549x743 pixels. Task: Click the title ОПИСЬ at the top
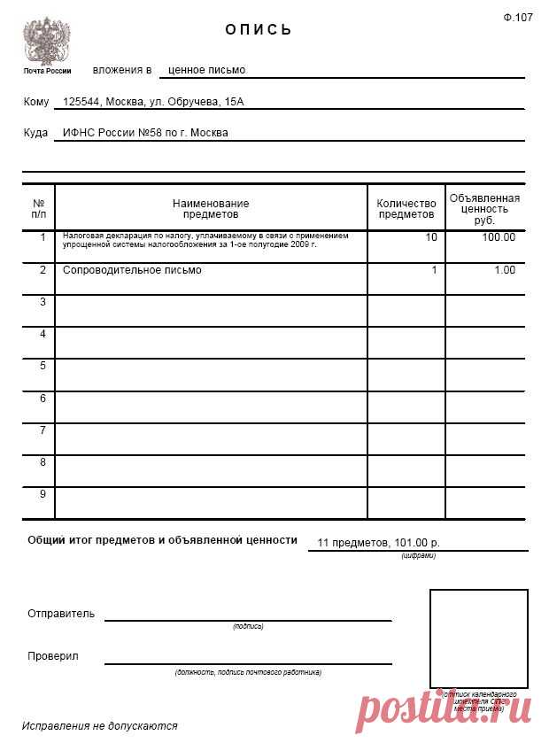pyautogui.click(x=259, y=29)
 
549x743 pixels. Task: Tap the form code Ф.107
pyautogui.click(x=518, y=17)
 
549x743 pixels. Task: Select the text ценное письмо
pyautogui.click(x=206, y=69)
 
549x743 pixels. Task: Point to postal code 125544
pyautogui.click(x=81, y=102)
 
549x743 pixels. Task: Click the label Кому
pyautogui.click(x=36, y=102)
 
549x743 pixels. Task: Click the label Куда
pyautogui.click(x=36, y=133)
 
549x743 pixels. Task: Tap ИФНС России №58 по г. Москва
pyautogui.click(x=145, y=133)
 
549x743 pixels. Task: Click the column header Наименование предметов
pyautogui.click(x=211, y=209)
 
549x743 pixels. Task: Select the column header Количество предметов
pyautogui.click(x=406, y=209)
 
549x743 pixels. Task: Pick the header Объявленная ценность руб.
pyautogui.click(x=484, y=209)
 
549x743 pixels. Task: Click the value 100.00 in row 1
pyautogui.click(x=499, y=237)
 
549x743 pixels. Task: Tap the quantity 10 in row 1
pyautogui.click(x=430, y=237)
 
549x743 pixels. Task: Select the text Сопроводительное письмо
pyautogui.click(x=132, y=270)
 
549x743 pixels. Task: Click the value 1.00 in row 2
pyautogui.click(x=504, y=270)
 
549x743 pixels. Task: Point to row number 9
pyautogui.click(x=42, y=493)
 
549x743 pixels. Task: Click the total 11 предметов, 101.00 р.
pyautogui.click(x=378, y=541)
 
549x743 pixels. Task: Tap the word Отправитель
pyautogui.click(x=61, y=613)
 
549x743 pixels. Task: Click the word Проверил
pyautogui.click(x=53, y=656)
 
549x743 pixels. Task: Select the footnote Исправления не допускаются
pyautogui.click(x=100, y=725)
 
